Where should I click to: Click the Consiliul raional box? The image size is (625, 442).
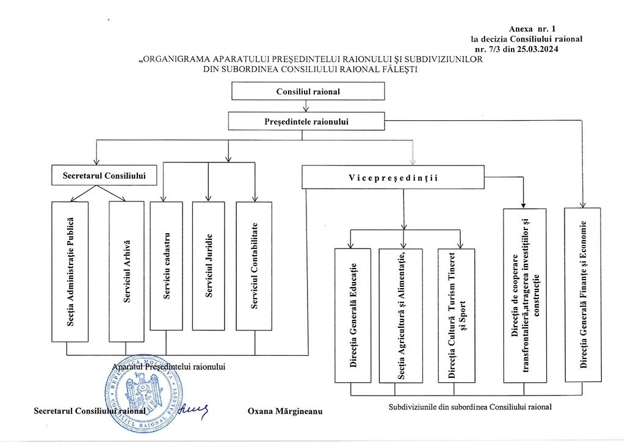coord(308,91)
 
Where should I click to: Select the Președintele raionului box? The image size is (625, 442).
coord(306,121)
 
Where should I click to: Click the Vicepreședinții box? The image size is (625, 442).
coord(394,178)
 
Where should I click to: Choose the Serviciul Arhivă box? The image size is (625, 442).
coord(126,271)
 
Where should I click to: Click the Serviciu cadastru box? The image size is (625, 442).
coord(166,266)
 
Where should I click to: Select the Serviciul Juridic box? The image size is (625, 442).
coord(208,266)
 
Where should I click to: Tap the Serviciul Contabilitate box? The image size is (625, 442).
coord(254,266)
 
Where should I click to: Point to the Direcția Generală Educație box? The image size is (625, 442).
coord(353,315)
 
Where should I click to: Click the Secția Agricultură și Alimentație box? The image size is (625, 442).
coord(400,315)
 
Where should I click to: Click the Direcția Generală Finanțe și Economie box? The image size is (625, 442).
coord(583,295)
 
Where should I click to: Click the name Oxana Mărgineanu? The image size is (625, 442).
coord(284,411)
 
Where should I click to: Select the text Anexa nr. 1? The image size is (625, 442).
coord(532,29)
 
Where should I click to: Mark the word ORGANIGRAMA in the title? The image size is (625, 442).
coord(173,60)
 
